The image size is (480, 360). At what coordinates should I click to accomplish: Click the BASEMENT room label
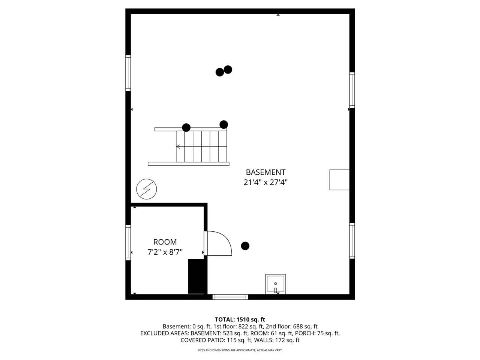coord(265,172)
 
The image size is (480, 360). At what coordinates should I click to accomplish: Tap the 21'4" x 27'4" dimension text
coord(265,183)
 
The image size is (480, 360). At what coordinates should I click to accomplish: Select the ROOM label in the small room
coord(165,242)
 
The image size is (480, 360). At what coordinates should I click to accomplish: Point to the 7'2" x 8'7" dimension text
coord(165,252)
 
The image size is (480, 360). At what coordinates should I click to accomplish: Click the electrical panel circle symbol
coord(147,189)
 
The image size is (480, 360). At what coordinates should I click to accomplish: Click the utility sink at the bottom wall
coord(275,284)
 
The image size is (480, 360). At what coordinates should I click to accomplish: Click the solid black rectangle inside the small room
coord(195,276)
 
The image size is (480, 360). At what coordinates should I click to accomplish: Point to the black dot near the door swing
coord(245,246)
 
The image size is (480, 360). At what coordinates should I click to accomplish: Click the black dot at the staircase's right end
coord(223,124)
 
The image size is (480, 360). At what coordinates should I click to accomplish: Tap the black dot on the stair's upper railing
coord(186,127)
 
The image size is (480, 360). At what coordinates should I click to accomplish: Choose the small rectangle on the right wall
coord(339,180)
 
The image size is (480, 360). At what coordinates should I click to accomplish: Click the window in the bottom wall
coord(230,297)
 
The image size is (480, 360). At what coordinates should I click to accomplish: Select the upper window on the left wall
coord(128,73)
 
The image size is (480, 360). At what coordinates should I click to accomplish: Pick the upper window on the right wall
coord(352,90)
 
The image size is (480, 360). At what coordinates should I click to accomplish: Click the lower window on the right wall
coord(352,240)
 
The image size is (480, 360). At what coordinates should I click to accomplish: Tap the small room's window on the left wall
coord(128,243)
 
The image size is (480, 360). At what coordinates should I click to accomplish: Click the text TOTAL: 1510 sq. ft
coord(240,319)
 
